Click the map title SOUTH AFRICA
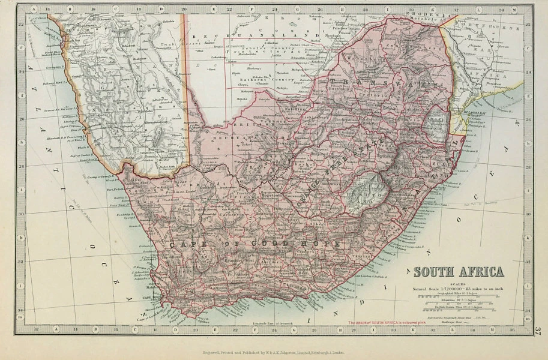pos(457,271)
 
